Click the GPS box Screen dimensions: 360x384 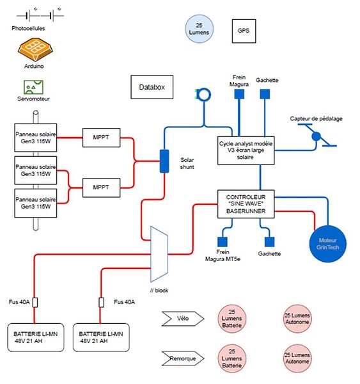click(244, 31)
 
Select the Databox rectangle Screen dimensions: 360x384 click(152, 87)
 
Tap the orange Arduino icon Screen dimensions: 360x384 click(35, 49)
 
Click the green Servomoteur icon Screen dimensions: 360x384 click(33, 87)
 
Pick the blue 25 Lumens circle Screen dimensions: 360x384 click(200, 29)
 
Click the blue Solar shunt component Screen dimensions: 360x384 click(164, 161)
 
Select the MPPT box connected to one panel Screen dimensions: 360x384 click(101, 138)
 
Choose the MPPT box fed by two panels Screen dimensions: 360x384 click(101, 188)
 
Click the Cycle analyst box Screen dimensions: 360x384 click(246, 150)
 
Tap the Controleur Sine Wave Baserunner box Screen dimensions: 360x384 click(246, 204)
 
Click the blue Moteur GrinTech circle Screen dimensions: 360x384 click(328, 244)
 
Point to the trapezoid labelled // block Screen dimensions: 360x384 click(159, 254)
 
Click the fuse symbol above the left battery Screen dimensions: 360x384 click(35, 303)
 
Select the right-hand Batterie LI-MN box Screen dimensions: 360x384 click(101, 337)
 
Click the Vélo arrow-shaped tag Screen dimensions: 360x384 click(183, 319)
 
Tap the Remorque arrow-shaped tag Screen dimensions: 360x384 click(183, 358)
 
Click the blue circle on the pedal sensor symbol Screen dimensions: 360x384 click(316, 136)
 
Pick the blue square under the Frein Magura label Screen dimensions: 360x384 click(239, 94)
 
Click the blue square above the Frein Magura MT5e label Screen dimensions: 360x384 click(223, 242)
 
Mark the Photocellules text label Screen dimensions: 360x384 click(28, 28)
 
